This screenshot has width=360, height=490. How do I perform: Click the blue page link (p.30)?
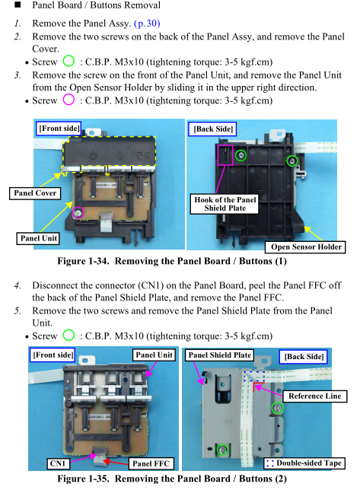point(147,24)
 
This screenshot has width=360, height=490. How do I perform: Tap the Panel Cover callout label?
point(35,193)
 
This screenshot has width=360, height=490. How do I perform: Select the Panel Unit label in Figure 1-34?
point(39,238)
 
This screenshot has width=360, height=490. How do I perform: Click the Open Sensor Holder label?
point(306,247)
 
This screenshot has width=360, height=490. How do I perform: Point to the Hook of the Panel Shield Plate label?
point(225,204)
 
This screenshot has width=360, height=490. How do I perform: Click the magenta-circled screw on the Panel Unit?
point(78,213)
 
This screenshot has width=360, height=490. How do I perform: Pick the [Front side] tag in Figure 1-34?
point(59,129)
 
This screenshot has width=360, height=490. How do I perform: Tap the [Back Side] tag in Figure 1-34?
point(213,129)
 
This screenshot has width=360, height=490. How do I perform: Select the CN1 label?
point(58,463)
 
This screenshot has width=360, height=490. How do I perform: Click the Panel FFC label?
point(151,463)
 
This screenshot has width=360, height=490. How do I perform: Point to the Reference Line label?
point(314,396)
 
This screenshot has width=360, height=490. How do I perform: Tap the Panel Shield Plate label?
point(220,355)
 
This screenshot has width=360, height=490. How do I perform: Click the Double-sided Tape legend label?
point(304,463)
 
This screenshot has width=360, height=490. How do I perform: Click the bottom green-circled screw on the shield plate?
point(222,450)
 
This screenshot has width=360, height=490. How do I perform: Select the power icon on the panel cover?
point(93,155)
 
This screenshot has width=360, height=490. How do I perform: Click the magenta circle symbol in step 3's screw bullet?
point(68,100)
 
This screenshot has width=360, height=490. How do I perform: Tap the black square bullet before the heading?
point(18,5)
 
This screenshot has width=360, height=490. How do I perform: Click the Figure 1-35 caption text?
point(172,479)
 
